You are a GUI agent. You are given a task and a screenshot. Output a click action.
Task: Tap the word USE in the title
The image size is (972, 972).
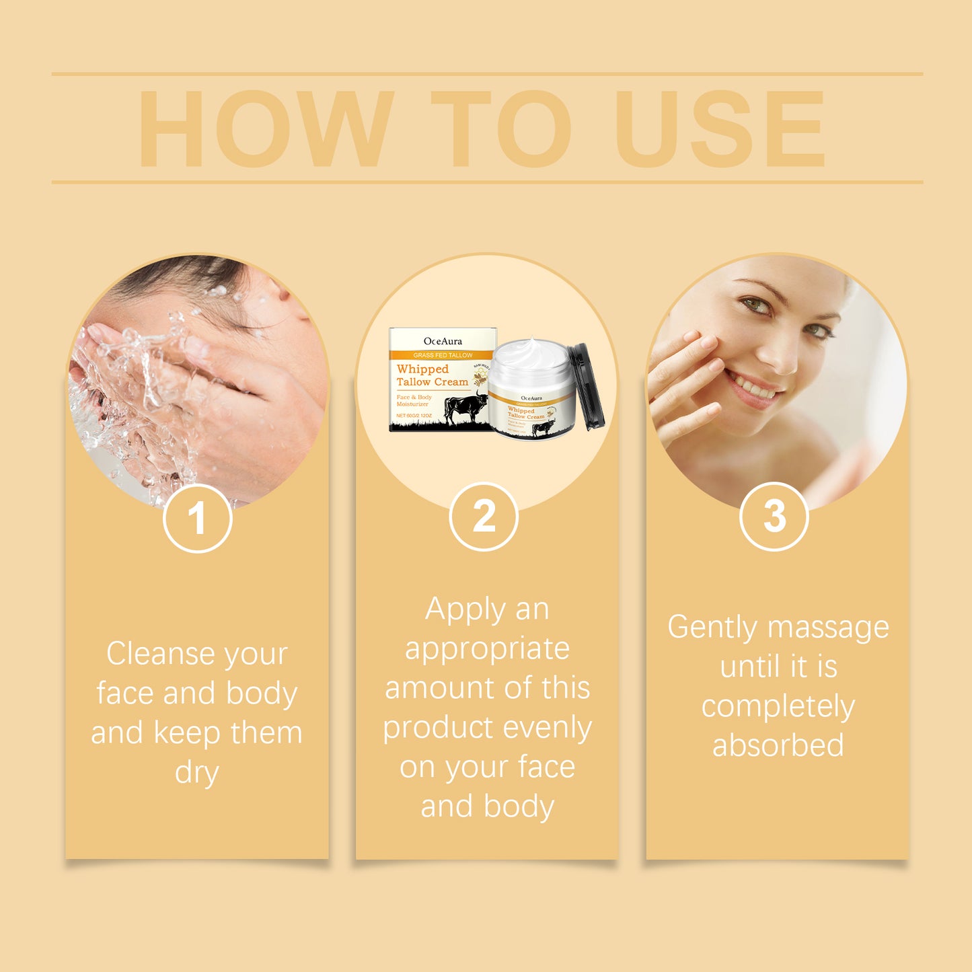pyautogui.click(x=719, y=128)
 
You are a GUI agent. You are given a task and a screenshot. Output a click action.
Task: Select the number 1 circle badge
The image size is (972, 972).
pyautogui.click(x=197, y=519)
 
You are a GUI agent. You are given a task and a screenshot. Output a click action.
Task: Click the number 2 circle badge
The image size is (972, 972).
pyautogui.click(x=484, y=517)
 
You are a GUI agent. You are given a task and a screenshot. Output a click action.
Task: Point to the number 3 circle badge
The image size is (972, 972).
pyautogui.click(x=774, y=517)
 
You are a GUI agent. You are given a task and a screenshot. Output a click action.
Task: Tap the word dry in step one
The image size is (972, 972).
pyautogui.click(x=196, y=772)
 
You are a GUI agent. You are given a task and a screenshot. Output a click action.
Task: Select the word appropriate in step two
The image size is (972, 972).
pyautogui.click(x=487, y=648)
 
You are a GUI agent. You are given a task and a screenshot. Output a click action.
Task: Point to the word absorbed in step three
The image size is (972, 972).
pyautogui.click(x=778, y=745)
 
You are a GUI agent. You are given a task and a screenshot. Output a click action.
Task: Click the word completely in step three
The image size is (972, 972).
pyautogui.click(x=778, y=706)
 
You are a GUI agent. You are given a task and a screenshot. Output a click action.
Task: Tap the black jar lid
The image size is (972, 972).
pyautogui.click(x=587, y=387)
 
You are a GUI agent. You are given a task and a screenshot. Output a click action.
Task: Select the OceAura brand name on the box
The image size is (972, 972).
pyautogui.click(x=443, y=341)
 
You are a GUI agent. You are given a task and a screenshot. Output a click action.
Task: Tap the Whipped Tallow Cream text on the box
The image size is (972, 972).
pyautogui.click(x=431, y=375)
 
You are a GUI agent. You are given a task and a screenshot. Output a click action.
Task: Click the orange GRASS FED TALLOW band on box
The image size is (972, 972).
pyautogui.click(x=443, y=354)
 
